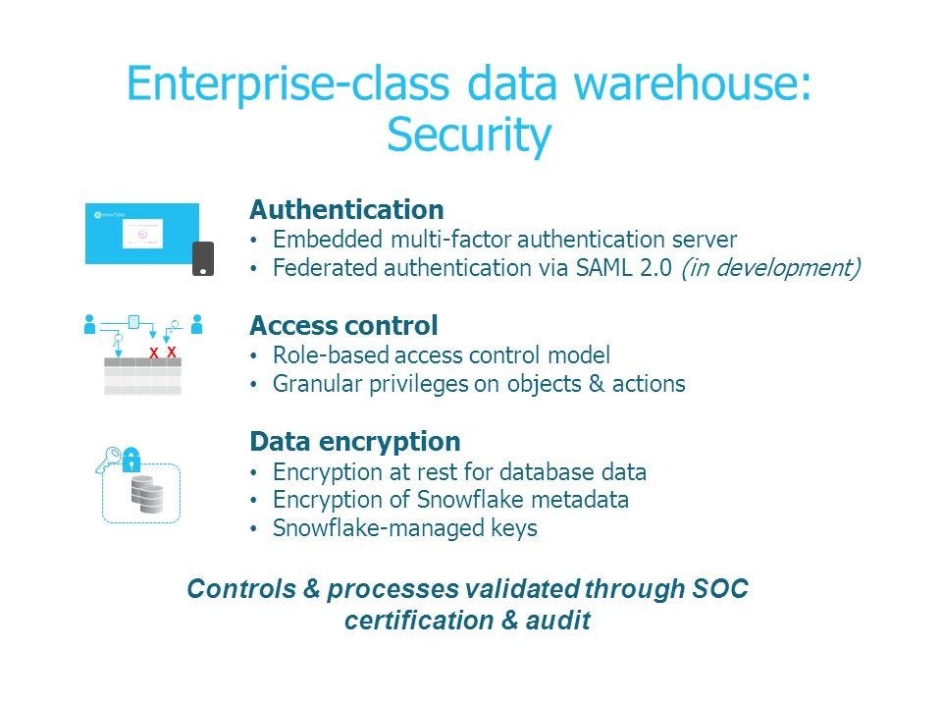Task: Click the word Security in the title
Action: [x=468, y=136]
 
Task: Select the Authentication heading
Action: [x=346, y=209]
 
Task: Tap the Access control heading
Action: [x=343, y=325]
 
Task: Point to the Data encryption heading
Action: [x=355, y=441]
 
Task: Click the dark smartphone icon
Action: [x=202, y=258]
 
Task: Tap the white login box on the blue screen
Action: [x=142, y=234]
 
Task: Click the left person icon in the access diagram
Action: [x=90, y=323]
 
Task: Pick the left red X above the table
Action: [x=153, y=352]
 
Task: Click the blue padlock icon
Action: [x=131, y=459]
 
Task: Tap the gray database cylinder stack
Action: [x=147, y=496]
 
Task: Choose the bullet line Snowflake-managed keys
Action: [x=404, y=528]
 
